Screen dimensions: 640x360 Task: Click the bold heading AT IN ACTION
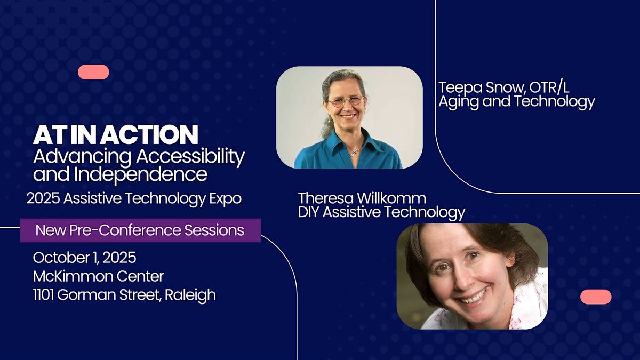pos(115,134)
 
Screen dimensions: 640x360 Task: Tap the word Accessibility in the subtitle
pos(190,158)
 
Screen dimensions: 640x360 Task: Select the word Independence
pos(141,175)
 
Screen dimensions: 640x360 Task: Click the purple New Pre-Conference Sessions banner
pos(140,230)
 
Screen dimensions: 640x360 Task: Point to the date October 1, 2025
pos(85,258)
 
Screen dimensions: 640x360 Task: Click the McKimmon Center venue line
pos(99,276)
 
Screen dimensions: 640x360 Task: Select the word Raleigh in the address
pos(190,295)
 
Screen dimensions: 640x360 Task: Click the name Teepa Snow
pos(482,87)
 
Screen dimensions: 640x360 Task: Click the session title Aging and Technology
pos(517,102)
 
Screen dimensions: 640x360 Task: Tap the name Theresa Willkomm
pos(362,198)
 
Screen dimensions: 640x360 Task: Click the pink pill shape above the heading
pos(93,72)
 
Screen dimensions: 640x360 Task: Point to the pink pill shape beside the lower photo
pos(596,297)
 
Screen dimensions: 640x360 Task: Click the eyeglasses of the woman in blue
pos(346,101)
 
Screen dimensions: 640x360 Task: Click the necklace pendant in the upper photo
pos(354,153)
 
